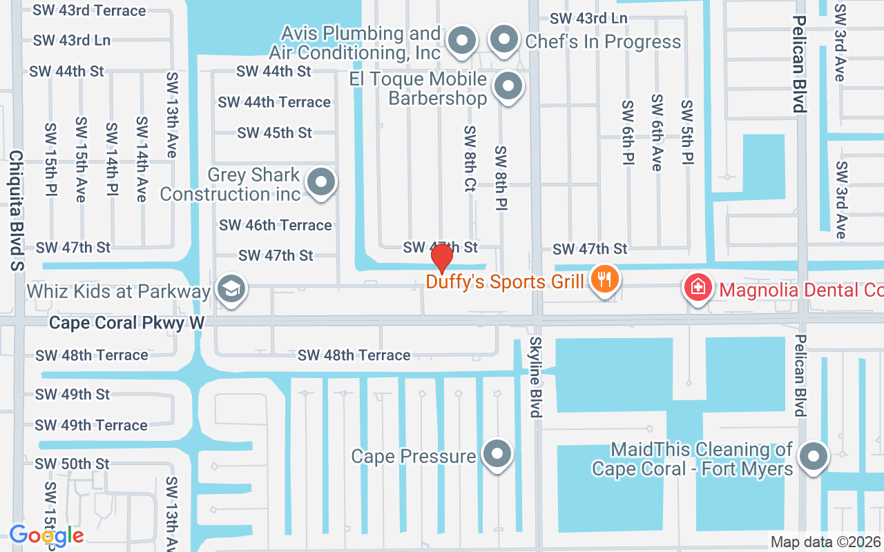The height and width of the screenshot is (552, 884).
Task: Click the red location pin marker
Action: (441, 258)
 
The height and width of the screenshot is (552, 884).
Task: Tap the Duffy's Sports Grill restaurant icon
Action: (605, 280)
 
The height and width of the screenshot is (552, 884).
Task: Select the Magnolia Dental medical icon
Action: (698, 287)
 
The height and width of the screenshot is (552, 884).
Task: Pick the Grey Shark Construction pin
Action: (320, 183)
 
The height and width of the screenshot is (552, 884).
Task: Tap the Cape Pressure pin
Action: (497, 455)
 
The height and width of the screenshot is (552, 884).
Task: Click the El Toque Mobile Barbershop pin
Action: (509, 87)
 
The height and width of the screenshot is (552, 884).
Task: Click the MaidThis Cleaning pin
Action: (814, 456)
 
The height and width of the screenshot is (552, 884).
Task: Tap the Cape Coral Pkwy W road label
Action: (127, 322)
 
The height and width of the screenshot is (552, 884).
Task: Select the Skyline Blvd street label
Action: (536, 377)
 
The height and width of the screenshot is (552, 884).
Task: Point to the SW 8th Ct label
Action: (470, 158)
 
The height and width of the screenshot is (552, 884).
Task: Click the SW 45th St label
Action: (274, 132)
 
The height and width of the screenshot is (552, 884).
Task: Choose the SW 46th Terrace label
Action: (275, 225)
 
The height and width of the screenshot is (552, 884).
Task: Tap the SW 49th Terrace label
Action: (91, 425)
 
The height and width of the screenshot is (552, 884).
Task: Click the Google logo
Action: (46, 535)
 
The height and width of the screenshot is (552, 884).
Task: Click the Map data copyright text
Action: (826, 542)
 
